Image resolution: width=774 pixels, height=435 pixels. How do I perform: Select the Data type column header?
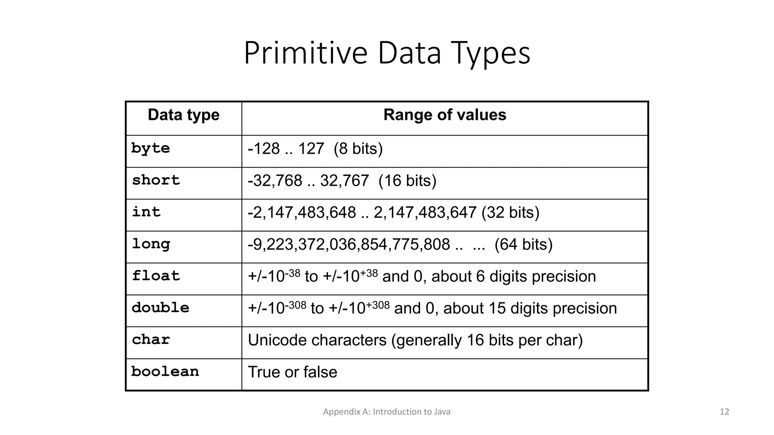click(x=184, y=115)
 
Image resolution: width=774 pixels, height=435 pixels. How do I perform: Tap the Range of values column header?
click(x=444, y=115)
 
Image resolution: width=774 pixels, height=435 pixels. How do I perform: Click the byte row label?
click(x=150, y=148)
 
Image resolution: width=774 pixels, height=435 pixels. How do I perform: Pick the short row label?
click(x=156, y=180)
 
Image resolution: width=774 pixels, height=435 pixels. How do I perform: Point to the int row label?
click(x=146, y=212)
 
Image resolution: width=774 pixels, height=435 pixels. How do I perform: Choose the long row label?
click(x=151, y=244)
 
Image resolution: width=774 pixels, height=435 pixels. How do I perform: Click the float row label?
click(x=156, y=276)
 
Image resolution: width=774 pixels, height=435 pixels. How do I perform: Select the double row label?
click(x=160, y=308)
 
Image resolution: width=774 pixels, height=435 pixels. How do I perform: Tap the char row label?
click(x=151, y=339)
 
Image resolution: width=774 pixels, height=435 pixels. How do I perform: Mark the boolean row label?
click(x=165, y=372)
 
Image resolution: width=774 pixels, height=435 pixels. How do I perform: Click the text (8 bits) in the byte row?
click(x=358, y=149)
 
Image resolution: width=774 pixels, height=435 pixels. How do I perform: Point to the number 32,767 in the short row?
click(x=344, y=181)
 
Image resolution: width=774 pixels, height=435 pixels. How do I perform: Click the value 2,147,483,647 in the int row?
click(x=425, y=213)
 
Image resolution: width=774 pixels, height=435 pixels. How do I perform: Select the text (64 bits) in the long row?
click(x=523, y=245)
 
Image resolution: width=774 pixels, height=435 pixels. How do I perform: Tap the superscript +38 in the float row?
click(x=369, y=273)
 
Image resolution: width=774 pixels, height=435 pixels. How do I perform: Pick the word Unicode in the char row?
click(x=279, y=340)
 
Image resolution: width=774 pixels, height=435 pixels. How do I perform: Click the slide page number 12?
click(x=724, y=412)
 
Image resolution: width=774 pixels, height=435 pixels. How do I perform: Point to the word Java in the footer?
click(x=442, y=412)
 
